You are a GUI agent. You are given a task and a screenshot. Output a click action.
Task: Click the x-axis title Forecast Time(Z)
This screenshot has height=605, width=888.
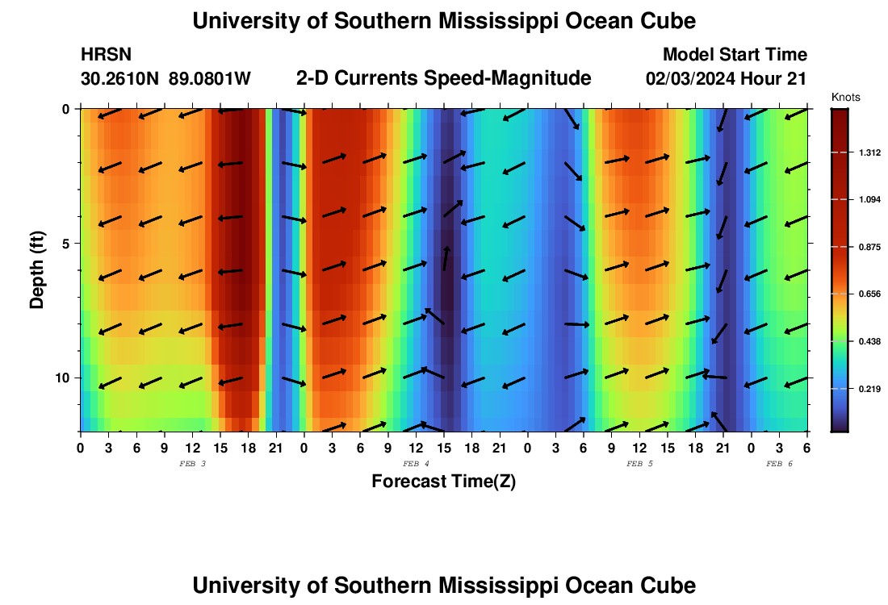tap(443, 482)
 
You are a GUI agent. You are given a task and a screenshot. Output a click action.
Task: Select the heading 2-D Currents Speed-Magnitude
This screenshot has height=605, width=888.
tap(444, 78)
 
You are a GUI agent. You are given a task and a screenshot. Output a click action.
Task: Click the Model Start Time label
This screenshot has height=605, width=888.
tap(735, 55)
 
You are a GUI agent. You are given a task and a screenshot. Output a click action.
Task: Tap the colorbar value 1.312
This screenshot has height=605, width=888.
tap(860, 152)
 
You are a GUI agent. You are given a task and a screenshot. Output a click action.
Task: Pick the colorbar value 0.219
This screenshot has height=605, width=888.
tap(860, 390)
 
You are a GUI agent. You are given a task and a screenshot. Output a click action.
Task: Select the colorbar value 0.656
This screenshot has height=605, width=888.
tap(860, 294)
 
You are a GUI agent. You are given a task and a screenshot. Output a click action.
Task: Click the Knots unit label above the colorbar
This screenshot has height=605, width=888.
tap(845, 98)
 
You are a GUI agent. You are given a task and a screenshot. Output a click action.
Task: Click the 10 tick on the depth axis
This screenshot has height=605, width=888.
tap(61, 378)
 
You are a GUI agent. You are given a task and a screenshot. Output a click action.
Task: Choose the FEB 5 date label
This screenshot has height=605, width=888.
tap(639, 464)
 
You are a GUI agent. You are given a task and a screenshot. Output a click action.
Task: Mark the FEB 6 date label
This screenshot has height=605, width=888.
tap(779, 464)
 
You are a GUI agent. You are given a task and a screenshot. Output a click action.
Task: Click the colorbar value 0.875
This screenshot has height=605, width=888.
tap(860, 247)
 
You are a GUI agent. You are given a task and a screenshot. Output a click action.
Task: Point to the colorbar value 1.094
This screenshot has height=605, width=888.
tap(860, 200)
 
